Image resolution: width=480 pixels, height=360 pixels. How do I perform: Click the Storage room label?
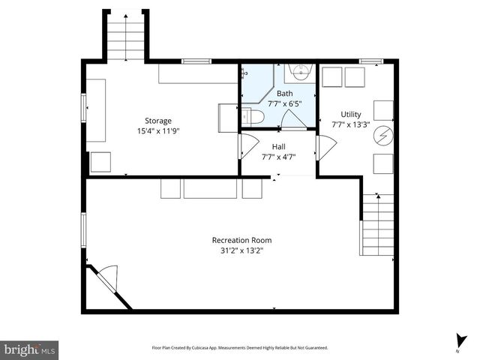pos(158,120)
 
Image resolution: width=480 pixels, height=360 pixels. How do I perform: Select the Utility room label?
pos(350,114)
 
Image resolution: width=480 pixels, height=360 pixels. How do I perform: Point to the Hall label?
pos(278,147)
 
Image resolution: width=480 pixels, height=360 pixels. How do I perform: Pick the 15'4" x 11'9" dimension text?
pos(158,130)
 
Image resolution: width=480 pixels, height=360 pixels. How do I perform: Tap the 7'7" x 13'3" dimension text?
pos(350,124)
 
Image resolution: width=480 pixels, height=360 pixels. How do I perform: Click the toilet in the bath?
pos(252,117)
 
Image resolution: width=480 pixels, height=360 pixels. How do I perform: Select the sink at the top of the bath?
pos(300,73)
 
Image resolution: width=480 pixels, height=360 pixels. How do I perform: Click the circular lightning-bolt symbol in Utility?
pos(384,135)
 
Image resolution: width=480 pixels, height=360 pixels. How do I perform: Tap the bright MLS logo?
pos(30,349)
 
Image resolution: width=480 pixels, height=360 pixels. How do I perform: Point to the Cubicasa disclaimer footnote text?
pos(240,348)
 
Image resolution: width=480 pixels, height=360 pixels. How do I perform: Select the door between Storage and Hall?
pos(247,145)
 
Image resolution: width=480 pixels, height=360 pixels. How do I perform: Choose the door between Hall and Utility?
pos(325,147)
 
